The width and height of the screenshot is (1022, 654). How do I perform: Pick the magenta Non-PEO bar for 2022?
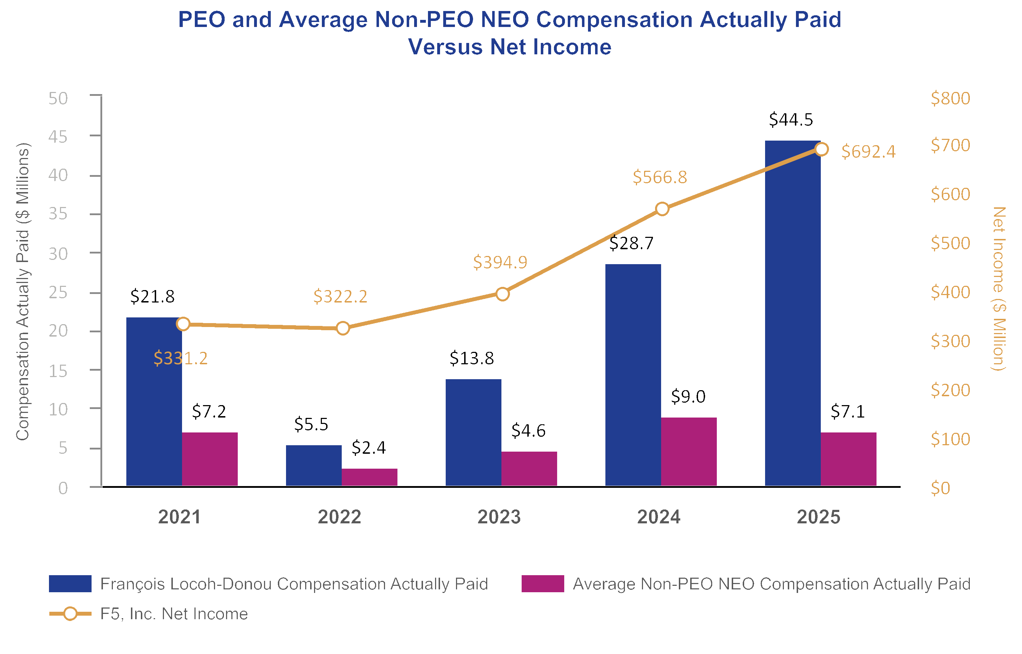click(x=369, y=477)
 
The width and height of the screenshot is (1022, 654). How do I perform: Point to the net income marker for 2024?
click(x=662, y=209)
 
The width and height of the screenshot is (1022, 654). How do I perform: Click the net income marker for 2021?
click(x=183, y=324)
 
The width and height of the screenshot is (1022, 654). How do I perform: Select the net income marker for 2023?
click(x=502, y=294)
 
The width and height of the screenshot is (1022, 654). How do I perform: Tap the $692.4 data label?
click(x=868, y=152)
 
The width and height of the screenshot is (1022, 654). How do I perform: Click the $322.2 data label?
click(x=340, y=296)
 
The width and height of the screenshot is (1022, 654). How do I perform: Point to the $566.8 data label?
click(x=660, y=177)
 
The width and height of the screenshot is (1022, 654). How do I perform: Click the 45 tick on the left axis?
click(x=58, y=137)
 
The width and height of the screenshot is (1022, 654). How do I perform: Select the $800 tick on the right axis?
click(x=950, y=98)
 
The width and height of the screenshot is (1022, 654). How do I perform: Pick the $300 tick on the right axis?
click(x=950, y=342)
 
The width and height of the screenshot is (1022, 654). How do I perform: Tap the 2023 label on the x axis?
click(x=499, y=517)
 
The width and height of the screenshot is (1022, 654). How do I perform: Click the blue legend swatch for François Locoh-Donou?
click(x=70, y=583)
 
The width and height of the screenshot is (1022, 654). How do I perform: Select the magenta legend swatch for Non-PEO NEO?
click(x=543, y=583)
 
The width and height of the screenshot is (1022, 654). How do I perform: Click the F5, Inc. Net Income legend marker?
click(x=70, y=614)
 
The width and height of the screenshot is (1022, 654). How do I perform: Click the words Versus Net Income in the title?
click(x=509, y=47)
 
